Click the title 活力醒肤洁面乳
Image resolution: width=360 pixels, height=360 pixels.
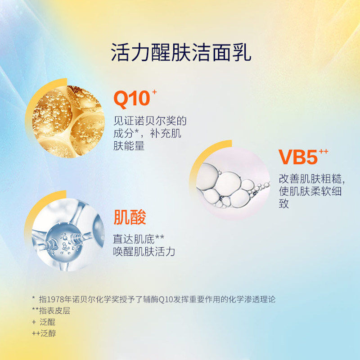tap(180, 53)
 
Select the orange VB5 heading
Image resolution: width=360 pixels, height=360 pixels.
tap(297, 157)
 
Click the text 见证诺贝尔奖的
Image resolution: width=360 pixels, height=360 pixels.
tap(150, 121)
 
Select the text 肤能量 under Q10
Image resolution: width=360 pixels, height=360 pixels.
tap(129, 146)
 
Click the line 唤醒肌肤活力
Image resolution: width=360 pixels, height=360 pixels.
tap(144, 252)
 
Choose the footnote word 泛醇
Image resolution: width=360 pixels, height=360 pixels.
tap(48, 334)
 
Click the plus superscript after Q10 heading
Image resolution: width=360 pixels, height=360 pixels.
tap(154, 92)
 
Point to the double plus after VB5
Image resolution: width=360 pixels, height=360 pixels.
tap(323, 151)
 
